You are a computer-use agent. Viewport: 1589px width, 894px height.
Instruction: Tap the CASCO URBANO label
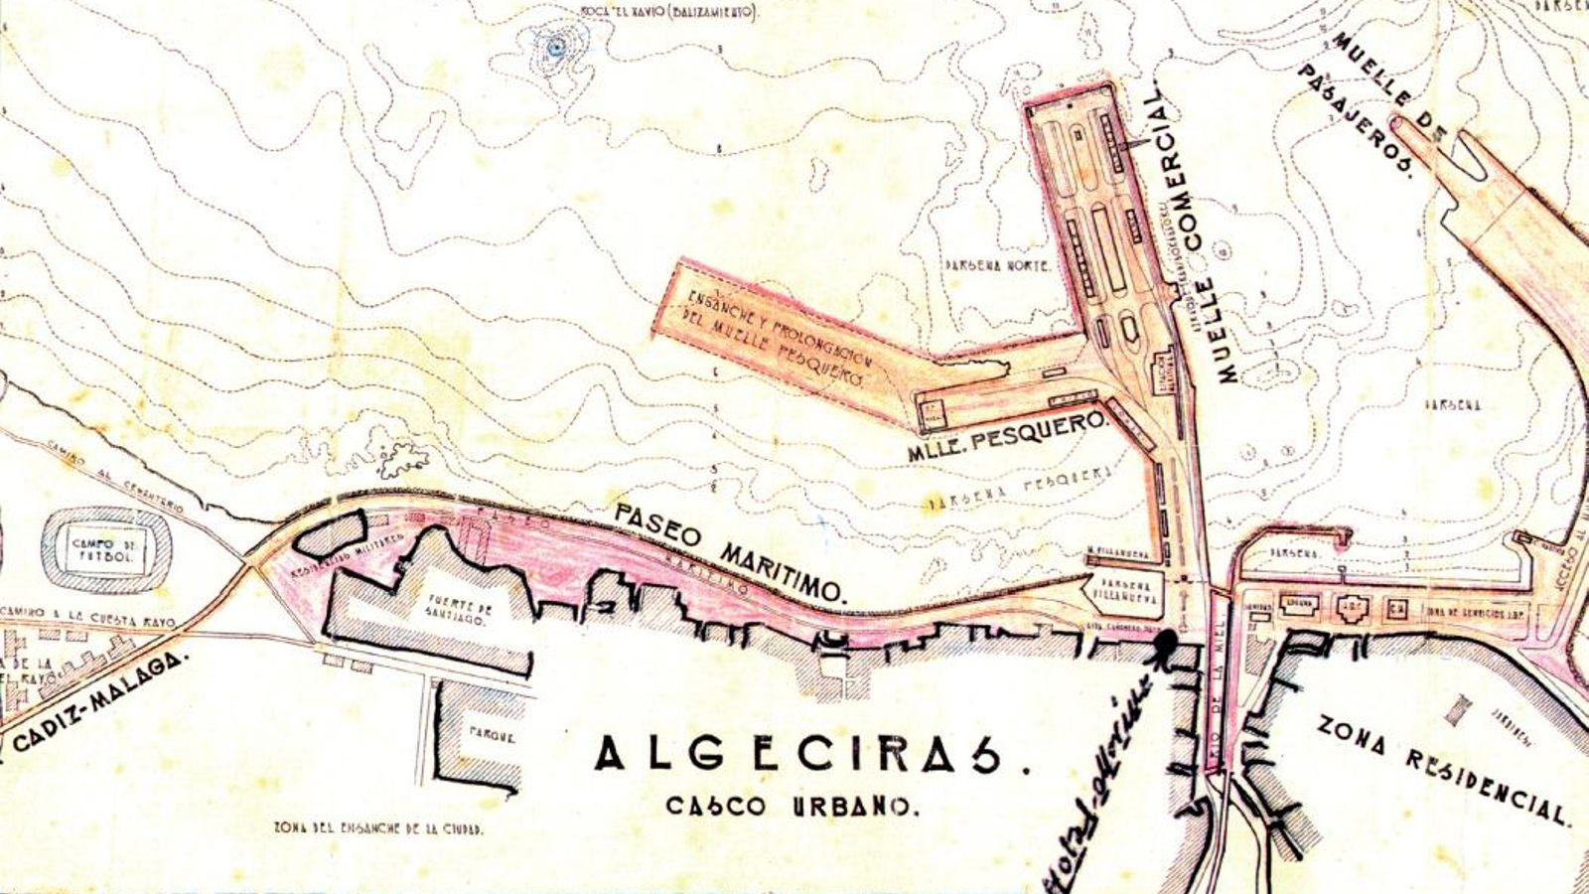pyautogui.click(x=787, y=805)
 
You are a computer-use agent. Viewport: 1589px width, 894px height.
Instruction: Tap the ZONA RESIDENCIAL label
pyautogui.click(x=1445, y=770)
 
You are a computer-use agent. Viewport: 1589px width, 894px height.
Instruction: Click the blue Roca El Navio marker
pyautogui.click(x=555, y=45)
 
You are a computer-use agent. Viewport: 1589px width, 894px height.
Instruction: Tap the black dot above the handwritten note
pyautogui.click(x=1165, y=643)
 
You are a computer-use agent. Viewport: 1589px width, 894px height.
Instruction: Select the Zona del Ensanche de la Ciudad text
pyautogui.click(x=377, y=828)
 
